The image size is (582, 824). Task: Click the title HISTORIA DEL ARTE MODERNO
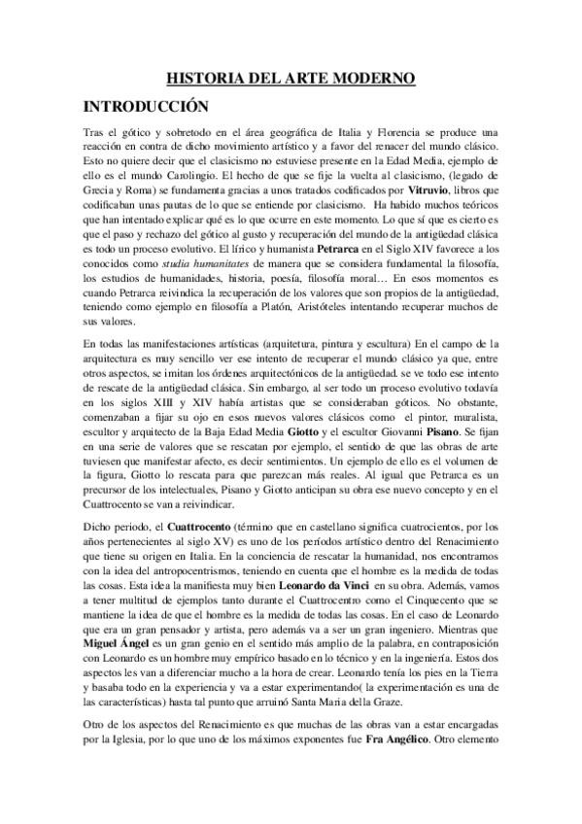coord(291,77)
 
